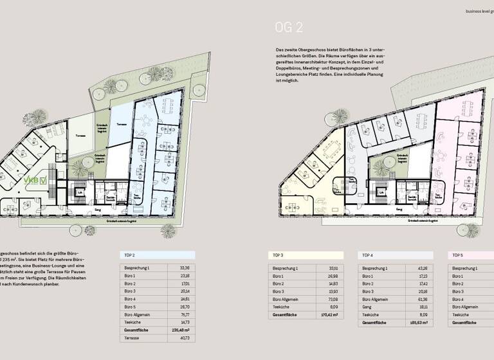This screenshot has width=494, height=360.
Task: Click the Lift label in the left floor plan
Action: point(80,192)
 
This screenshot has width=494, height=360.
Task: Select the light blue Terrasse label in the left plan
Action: point(120,123)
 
